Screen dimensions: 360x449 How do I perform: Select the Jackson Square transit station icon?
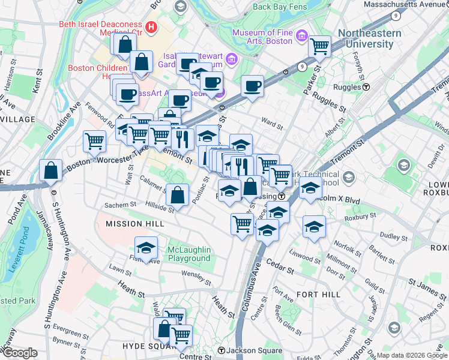coord(221,350)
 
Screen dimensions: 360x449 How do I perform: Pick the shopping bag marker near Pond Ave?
coord(51,170)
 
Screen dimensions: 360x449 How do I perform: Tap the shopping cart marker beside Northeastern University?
coord(319,46)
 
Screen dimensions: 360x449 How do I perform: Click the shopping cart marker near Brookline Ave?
coord(95,141)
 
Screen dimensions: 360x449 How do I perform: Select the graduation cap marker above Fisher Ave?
coord(145,248)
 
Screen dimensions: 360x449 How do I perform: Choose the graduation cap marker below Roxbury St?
coord(313,226)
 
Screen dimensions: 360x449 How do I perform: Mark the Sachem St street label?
coord(116,205)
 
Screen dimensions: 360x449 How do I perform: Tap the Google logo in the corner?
coord(20,353)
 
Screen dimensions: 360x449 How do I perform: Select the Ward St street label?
coord(273,125)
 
